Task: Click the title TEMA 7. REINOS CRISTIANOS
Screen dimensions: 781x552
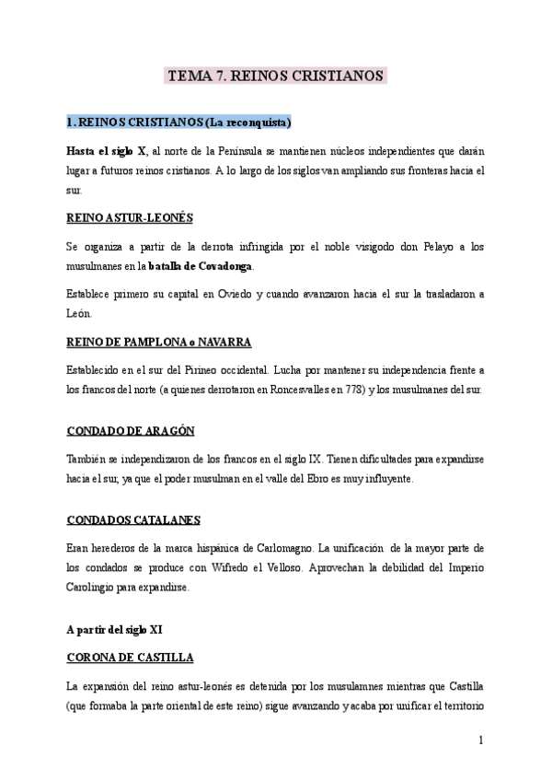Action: (275, 76)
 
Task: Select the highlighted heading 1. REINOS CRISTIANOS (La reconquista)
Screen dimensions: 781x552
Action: (178, 122)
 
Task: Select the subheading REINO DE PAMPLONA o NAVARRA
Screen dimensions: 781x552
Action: (159, 342)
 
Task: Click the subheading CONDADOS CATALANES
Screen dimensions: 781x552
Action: (133, 519)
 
